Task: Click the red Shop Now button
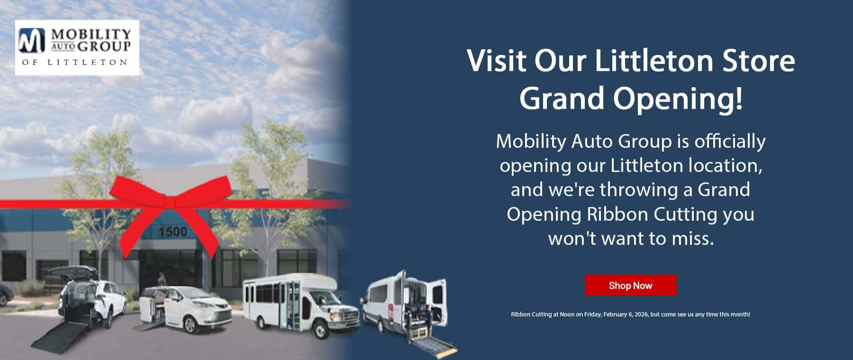point(630,285)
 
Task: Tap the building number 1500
point(172,232)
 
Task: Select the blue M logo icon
point(32,40)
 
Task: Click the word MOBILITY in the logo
point(91,34)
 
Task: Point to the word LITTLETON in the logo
point(87,63)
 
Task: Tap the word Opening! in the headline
point(678,99)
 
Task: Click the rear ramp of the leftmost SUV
point(62,334)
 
